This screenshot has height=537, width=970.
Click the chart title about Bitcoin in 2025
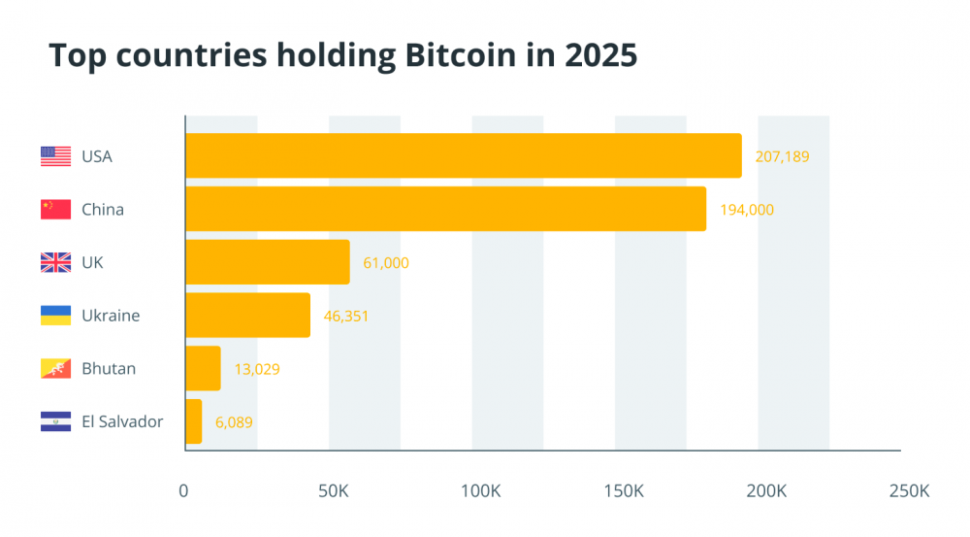[342, 56]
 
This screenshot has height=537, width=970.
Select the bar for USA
[463, 156]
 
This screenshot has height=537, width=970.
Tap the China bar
[445, 209]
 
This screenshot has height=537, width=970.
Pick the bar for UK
[267, 262]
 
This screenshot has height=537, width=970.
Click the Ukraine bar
[247, 316]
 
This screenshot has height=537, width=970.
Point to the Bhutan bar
[203, 369]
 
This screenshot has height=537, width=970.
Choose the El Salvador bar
[193, 421]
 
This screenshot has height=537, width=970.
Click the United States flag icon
[55, 156]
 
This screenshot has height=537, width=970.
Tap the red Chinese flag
[55, 209]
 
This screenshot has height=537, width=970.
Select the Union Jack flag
[55, 262]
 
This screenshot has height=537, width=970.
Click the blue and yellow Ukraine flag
[55, 316]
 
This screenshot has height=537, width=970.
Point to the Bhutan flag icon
[55, 369]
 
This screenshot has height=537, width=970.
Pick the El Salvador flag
[55, 421]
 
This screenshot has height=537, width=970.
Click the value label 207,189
[782, 156]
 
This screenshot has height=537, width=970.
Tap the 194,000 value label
[747, 209]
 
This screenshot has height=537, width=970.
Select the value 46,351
[346, 316]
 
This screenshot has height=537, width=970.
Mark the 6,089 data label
[234, 421]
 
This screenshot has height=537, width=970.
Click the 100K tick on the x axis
[480, 492]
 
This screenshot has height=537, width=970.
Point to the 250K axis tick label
[909, 492]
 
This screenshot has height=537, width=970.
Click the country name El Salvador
[122, 421]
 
